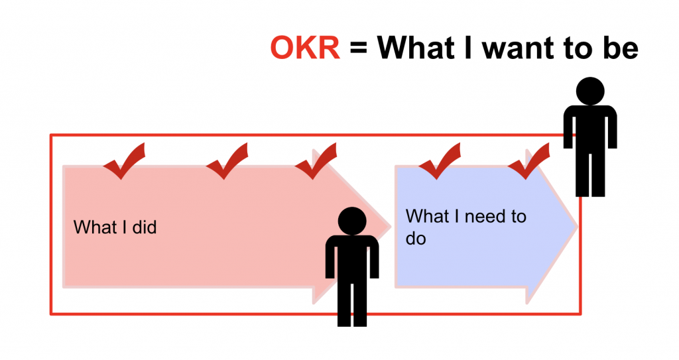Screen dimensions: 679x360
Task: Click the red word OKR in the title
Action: (x=305, y=48)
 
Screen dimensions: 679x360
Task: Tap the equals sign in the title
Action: (x=359, y=48)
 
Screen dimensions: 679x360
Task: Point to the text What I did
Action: (x=115, y=227)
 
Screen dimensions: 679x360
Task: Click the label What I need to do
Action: (x=466, y=227)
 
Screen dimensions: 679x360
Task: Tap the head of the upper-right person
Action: (x=590, y=91)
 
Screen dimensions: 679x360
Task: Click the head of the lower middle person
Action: (x=352, y=221)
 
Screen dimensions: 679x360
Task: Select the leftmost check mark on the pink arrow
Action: (x=124, y=160)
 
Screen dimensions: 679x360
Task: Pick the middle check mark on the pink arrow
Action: (x=227, y=160)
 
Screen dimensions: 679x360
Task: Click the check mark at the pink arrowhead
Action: (x=316, y=160)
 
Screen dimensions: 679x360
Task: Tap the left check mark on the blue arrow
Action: (x=440, y=160)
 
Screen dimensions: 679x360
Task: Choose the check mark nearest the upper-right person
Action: (x=528, y=160)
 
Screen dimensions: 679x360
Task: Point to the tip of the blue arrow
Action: (x=578, y=226)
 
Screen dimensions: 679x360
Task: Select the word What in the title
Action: (x=416, y=48)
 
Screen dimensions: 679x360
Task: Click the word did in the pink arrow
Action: (x=145, y=227)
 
